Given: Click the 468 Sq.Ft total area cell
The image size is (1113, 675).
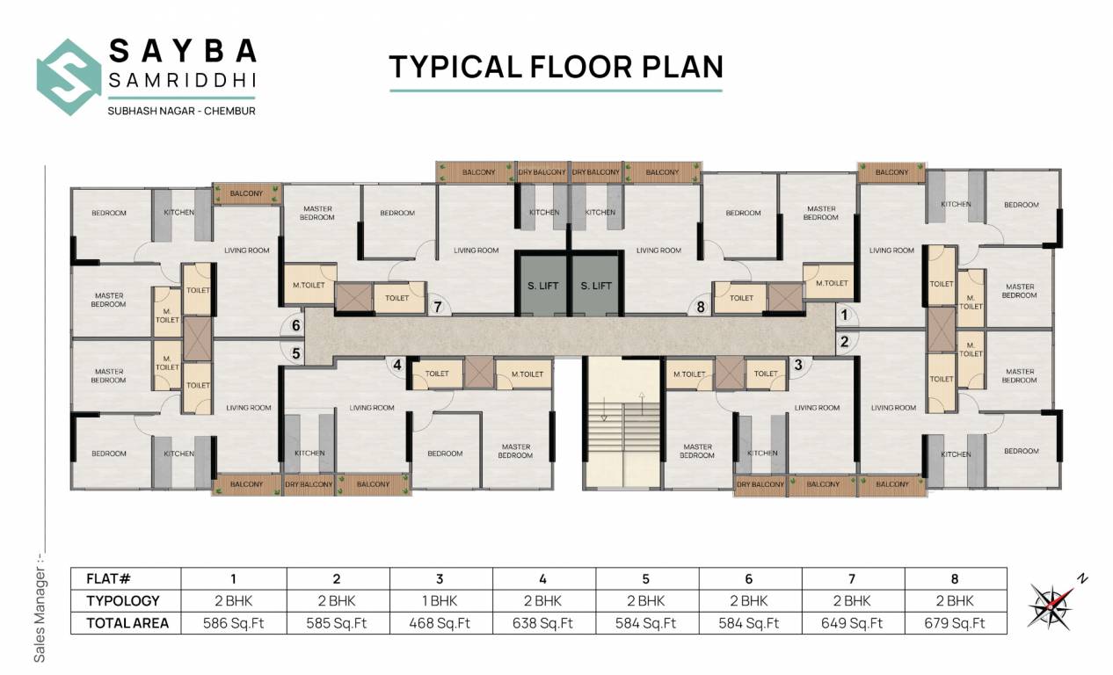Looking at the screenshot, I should point(440,623).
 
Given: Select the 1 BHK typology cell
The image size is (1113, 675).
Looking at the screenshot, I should point(440,601).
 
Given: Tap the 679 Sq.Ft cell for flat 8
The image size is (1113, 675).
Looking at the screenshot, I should point(955,623).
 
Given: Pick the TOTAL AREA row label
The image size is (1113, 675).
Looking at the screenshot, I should point(126,623).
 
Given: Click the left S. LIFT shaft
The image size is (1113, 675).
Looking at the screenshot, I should point(542,285).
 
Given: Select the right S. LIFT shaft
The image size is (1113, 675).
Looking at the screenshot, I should point(596,285).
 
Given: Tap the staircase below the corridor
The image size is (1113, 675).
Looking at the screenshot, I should point(622,422).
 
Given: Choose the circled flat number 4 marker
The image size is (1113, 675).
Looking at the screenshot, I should point(397,364).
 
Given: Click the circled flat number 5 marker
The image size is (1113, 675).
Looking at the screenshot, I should point(296,353).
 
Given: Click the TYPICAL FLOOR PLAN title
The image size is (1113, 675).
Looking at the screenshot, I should point(556,67).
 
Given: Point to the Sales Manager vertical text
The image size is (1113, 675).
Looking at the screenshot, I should point(39,606).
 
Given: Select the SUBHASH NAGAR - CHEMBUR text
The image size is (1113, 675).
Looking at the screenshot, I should point(181,111).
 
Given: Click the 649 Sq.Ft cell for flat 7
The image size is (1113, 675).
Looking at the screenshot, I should point(852,623).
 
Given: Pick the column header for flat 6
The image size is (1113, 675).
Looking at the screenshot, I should point(749,578).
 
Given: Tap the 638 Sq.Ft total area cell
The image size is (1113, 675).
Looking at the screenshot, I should point(543,623).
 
